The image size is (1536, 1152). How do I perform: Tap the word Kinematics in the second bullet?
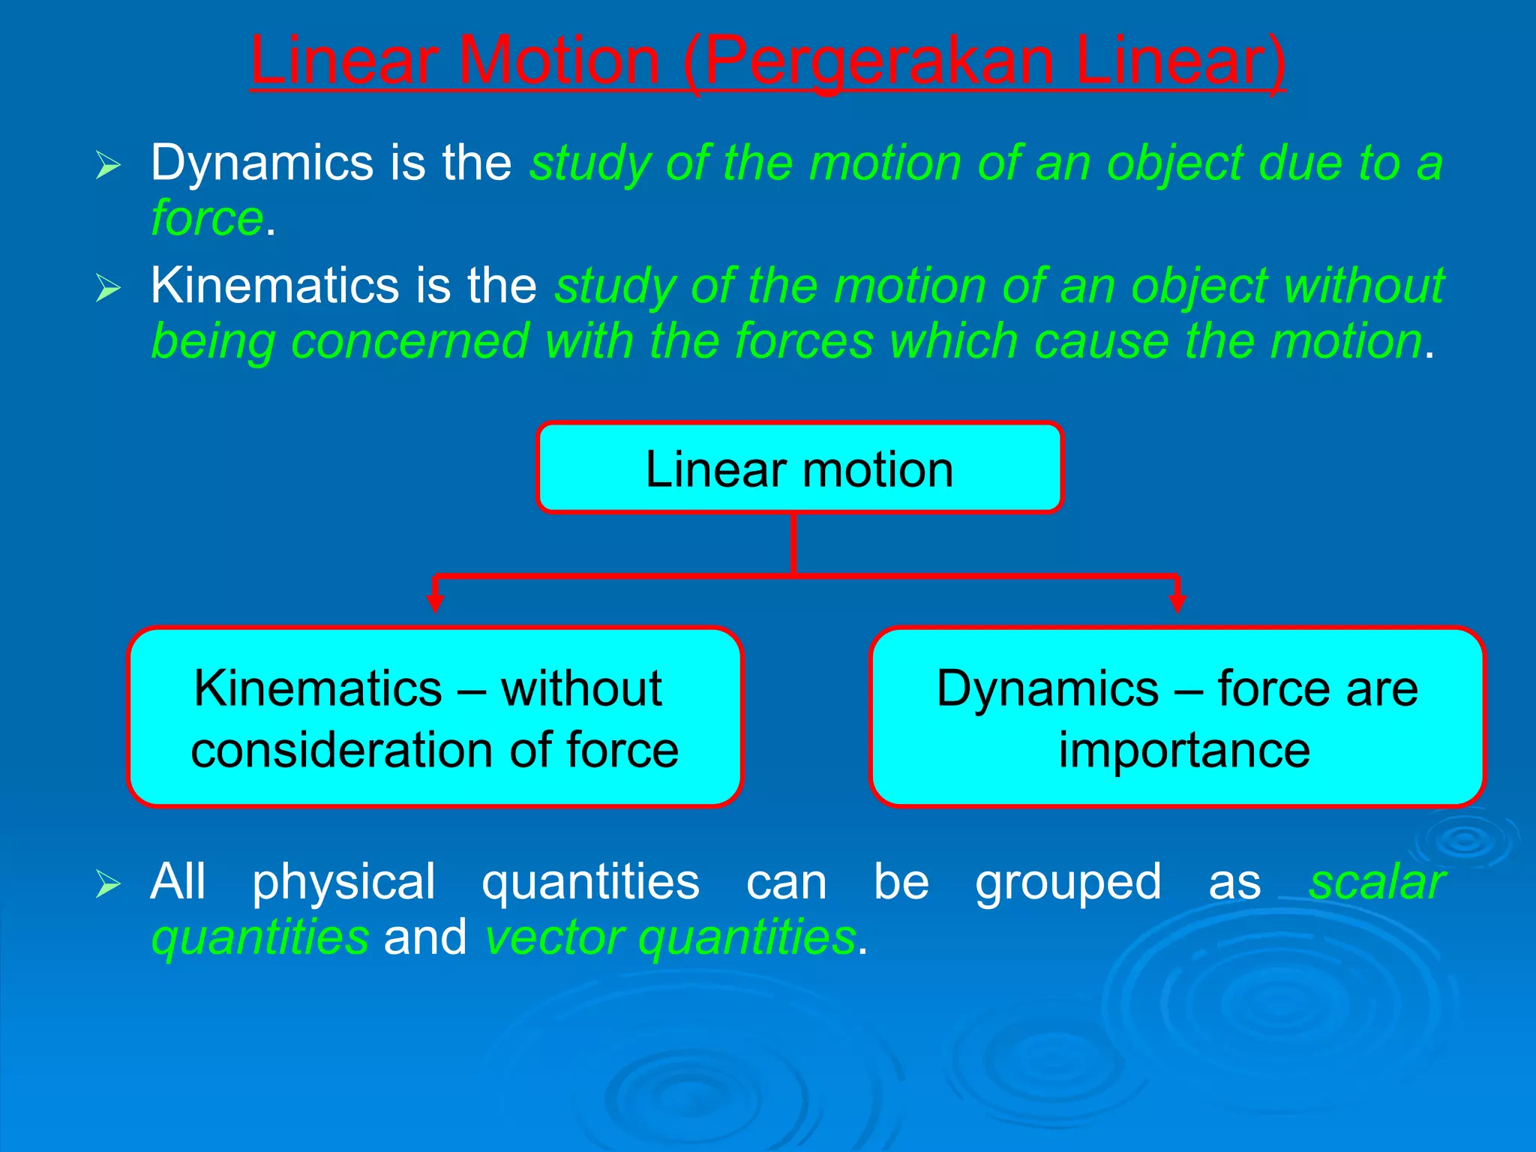coord(274,286)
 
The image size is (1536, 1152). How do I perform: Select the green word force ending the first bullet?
coord(207,218)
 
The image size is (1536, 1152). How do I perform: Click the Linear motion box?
coord(799,469)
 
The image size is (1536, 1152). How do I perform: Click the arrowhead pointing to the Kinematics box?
coord(435,602)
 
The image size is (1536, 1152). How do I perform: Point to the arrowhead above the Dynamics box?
coord(1177,602)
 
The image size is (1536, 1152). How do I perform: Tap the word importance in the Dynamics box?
coord(1184,750)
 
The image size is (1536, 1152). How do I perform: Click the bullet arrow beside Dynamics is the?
coord(109,165)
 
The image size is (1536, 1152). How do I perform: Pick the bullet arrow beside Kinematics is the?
coord(109,288)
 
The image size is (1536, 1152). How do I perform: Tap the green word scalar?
coord(1377,882)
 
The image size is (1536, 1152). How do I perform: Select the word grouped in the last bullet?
coord(1068,882)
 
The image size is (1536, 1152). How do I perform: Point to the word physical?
coord(343,882)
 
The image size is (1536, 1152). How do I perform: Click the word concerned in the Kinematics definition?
coord(409,342)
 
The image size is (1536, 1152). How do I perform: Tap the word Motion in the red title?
coord(558,61)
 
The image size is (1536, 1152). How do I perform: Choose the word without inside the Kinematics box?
coord(581,688)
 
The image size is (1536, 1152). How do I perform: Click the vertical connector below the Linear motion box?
coord(793,544)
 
